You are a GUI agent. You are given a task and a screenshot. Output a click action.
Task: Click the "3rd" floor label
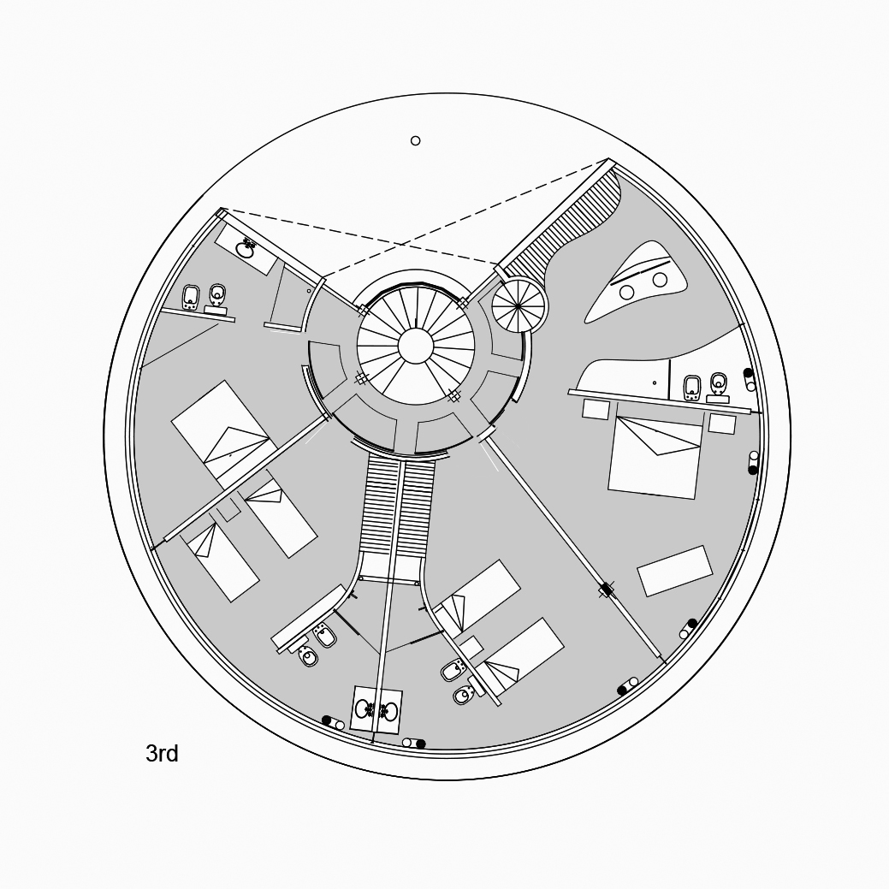point(163,754)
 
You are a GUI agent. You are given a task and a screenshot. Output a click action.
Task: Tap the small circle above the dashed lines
point(416,140)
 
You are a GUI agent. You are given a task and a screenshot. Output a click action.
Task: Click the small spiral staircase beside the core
point(519,306)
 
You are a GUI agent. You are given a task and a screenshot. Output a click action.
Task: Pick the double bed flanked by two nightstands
point(654,457)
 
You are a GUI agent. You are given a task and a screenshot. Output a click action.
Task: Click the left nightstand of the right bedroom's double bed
point(596,409)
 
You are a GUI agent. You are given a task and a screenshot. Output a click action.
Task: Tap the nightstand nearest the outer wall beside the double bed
point(722,424)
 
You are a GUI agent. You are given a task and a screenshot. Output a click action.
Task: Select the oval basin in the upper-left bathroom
point(246,248)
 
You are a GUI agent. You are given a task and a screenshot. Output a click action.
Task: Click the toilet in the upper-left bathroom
point(217,294)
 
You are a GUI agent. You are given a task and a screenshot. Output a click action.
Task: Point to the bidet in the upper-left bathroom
point(191,297)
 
